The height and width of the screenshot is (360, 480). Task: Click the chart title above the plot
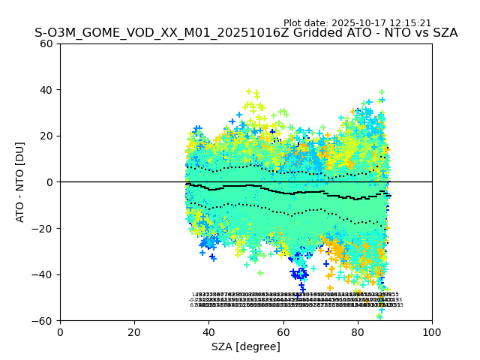click(246, 34)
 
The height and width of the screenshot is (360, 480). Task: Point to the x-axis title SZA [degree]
click(246, 346)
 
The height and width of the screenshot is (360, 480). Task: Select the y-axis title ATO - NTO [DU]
click(21, 181)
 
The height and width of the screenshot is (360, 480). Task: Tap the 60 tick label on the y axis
click(46, 43)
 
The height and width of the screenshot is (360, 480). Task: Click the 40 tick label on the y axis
click(46, 90)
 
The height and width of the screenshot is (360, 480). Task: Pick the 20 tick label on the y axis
click(46, 136)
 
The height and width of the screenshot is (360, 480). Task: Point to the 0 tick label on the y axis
click(49, 182)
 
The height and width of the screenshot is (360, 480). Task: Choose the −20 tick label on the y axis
click(43, 228)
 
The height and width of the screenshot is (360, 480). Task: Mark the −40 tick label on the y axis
click(43, 274)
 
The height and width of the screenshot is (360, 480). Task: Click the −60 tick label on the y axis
click(43, 320)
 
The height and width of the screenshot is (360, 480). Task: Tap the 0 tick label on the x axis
click(60, 332)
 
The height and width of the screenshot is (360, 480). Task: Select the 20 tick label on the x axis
click(134, 332)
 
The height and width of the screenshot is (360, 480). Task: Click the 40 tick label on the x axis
click(208, 332)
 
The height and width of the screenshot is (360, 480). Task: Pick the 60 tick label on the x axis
click(283, 332)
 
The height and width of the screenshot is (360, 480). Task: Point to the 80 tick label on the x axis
click(358, 332)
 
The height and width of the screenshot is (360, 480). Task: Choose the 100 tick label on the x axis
click(432, 332)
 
